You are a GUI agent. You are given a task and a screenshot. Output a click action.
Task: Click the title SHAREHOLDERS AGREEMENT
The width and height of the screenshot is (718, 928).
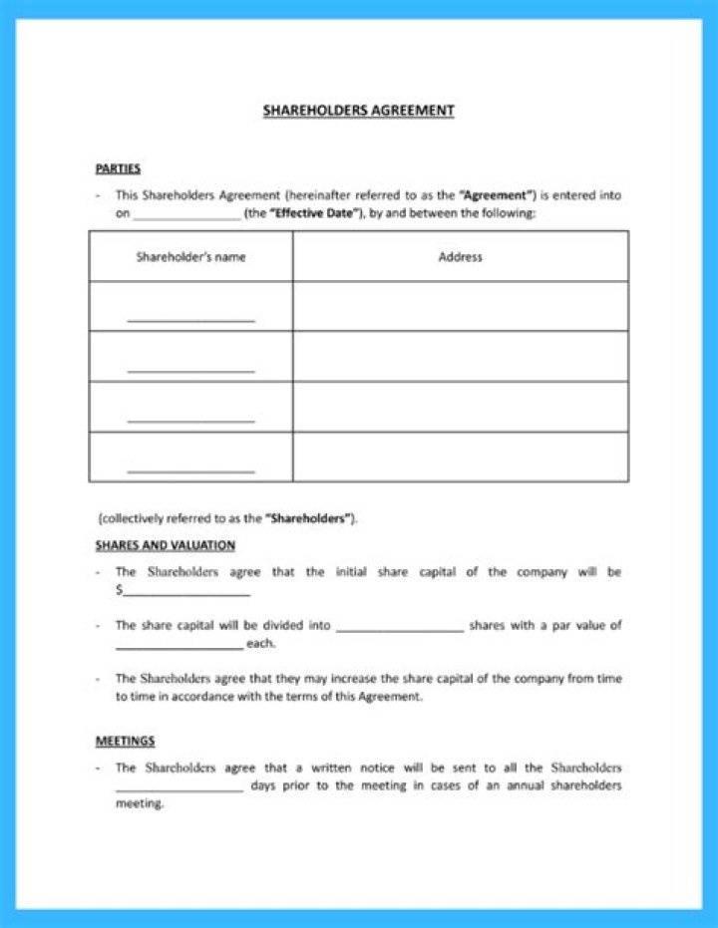pyautogui.click(x=358, y=111)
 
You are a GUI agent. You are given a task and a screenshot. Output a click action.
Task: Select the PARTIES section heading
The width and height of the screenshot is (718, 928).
pyautogui.click(x=118, y=168)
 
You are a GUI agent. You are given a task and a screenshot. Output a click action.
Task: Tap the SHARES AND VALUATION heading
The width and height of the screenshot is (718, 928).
pyautogui.click(x=166, y=545)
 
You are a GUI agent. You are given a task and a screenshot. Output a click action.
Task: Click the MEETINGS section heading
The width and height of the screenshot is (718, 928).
pyautogui.click(x=125, y=741)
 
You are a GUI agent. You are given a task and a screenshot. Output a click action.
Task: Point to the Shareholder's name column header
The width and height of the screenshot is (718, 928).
pyautogui.click(x=190, y=257)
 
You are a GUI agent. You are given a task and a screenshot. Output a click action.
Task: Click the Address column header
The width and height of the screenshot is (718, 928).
pyautogui.click(x=460, y=257)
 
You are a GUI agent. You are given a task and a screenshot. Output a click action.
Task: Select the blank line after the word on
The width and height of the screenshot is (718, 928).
pyautogui.click(x=186, y=215)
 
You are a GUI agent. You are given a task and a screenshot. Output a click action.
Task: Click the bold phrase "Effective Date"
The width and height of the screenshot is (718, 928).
pyautogui.click(x=313, y=213)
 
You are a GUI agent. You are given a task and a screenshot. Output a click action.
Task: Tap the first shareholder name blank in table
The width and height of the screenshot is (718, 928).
pyautogui.click(x=190, y=319)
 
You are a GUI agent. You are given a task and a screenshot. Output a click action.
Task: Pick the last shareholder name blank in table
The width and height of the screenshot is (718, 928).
pyautogui.click(x=190, y=469)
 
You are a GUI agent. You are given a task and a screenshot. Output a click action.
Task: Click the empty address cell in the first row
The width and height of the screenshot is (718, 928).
pyautogui.click(x=460, y=306)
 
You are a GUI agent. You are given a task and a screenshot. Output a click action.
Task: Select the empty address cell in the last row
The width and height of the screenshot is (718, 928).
pyautogui.click(x=460, y=457)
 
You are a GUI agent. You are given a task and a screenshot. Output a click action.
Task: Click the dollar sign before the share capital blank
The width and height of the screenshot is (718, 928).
pyautogui.click(x=119, y=590)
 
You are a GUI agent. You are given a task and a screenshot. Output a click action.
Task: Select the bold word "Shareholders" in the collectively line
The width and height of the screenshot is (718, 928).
pyautogui.click(x=309, y=519)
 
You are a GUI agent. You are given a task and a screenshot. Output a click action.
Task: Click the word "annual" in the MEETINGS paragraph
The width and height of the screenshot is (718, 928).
pyautogui.click(x=523, y=786)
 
